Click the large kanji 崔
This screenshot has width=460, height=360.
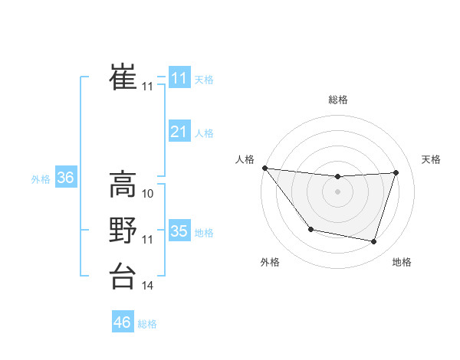click(x=123, y=77)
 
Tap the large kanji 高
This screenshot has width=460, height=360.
click(x=123, y=184)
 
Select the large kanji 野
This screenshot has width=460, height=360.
click(x=123, y=230)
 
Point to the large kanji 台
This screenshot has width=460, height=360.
click(x=123, y=276)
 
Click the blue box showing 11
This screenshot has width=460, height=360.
click(x=179, y=78)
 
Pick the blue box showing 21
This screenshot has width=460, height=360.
click(x=179, y=132)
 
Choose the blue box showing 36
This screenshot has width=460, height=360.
click(x=65, y=178)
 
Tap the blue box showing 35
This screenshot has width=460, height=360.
click(x=179, y=231)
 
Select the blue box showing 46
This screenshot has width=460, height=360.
click(x=122, y=322)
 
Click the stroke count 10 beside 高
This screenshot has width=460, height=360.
click(x=148, y=195)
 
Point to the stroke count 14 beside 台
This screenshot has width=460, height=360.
click(x=148, y=286)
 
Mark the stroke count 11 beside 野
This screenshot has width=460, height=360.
click(x=148, y=240)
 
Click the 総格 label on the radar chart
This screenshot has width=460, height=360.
click(x=337, y=100)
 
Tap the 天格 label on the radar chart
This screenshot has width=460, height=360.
click(x=431, y=159)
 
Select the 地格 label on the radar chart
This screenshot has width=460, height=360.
click(x=402, y=262)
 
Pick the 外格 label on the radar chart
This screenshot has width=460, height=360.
click(x=270, y=262)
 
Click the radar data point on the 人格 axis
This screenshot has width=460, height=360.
click(x=264, y=168)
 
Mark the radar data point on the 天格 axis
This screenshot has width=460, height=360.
click(x=396, y=172)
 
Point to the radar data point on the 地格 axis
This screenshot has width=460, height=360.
click(x=373, y=241)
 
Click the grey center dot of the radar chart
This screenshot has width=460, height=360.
click(x=337, y=191)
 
